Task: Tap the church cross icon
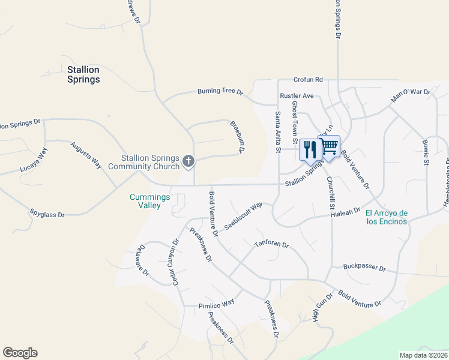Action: (x=188, y=161)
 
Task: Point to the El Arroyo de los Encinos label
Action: (x=387, y=217)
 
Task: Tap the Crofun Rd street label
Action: (x=309, y=79)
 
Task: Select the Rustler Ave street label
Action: (x=297, y=96)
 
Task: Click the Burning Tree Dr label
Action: (x=220, y=92)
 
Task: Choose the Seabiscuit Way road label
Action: (x=244, y=215)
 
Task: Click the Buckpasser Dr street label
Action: (x=364, y=267)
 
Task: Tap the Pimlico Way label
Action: (x=216, y=304)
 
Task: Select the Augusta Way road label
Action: (x=86, y=155)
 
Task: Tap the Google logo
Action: (x=20, y=353)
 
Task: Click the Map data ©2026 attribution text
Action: (x=423, y=355)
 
